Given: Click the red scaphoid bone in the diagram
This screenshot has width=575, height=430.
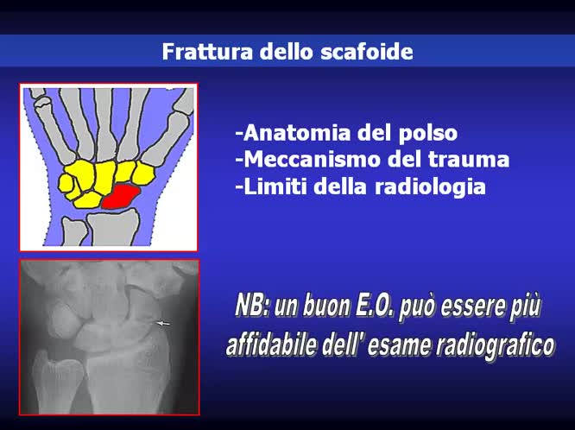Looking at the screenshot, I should (121, 196).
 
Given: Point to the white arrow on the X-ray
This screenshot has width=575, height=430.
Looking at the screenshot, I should (163, 323).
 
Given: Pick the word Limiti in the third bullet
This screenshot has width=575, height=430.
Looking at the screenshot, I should (271, 186).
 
